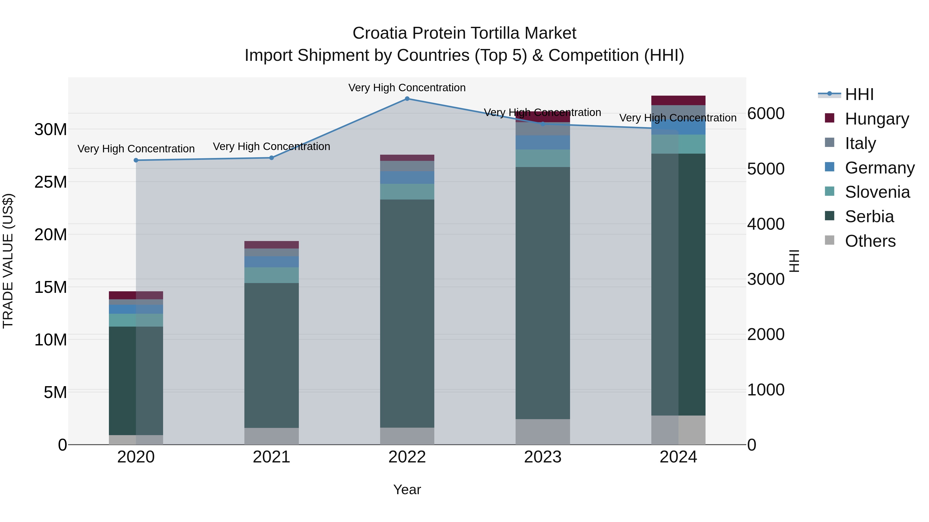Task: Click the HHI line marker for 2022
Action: click(407, 99)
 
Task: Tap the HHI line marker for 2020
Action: click(136, 160)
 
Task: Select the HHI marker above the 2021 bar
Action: click(271, 158)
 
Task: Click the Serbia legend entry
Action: click(869, 217)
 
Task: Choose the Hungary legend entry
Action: click(876, 119)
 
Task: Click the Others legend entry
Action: click(870, 241)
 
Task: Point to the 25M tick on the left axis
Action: click(51, 182)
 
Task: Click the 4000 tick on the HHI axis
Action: click(766, 224)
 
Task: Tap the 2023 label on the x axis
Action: click(543, 457)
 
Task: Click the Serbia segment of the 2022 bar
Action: click(407, 313)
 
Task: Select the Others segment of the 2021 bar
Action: click(271, 436)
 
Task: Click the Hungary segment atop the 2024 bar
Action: click(678, 101)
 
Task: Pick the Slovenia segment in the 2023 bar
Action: click(543, 158)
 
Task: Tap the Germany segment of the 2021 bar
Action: click(271, 262)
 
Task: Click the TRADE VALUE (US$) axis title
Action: click(8, 261)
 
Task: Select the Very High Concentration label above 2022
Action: click(407, 88)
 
